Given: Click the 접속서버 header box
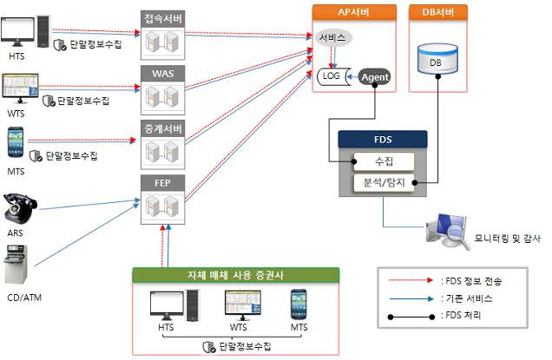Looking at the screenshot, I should pos(164,17).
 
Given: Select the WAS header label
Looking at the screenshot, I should pos(164,73).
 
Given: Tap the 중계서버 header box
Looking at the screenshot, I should pos(164,128).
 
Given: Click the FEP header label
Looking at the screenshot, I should pos(164,182).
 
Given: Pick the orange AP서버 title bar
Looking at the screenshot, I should pos(352,12).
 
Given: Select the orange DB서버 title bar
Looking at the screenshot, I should pos(437,12).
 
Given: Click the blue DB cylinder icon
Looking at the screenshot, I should pos(436,59).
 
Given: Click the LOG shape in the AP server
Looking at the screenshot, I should pos(332,76).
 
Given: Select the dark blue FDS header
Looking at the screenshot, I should pos(382,139).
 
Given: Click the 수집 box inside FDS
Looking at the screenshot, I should pos(381,161).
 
